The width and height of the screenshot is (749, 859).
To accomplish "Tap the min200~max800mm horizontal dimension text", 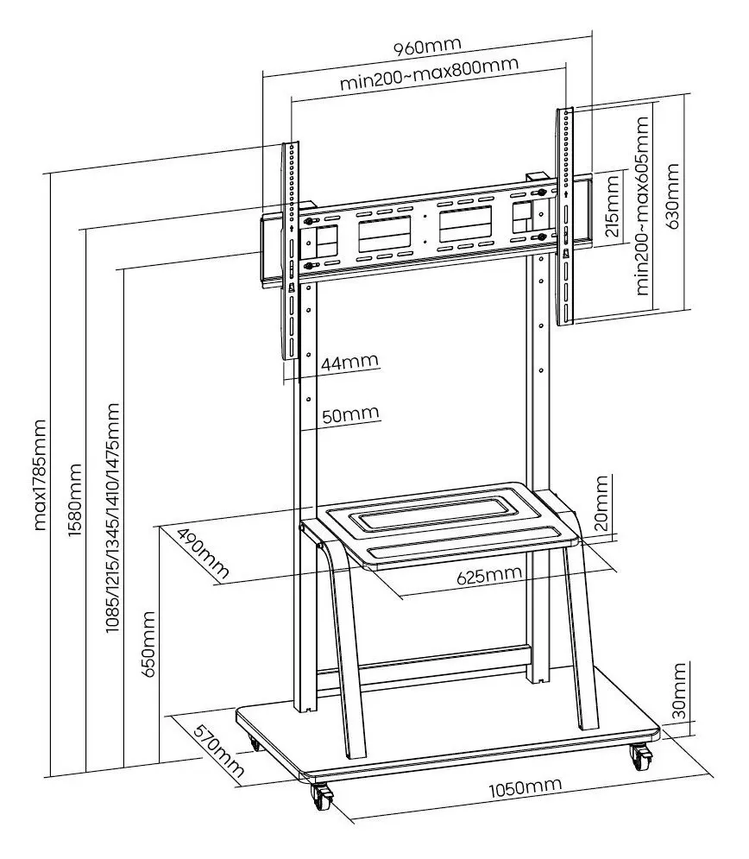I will point(428,85).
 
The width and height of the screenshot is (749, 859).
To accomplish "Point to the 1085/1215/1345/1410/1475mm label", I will point(111,518).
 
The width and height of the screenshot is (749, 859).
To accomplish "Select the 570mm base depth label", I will point(215,751).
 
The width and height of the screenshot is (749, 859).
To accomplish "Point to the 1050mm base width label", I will point(524,787).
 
